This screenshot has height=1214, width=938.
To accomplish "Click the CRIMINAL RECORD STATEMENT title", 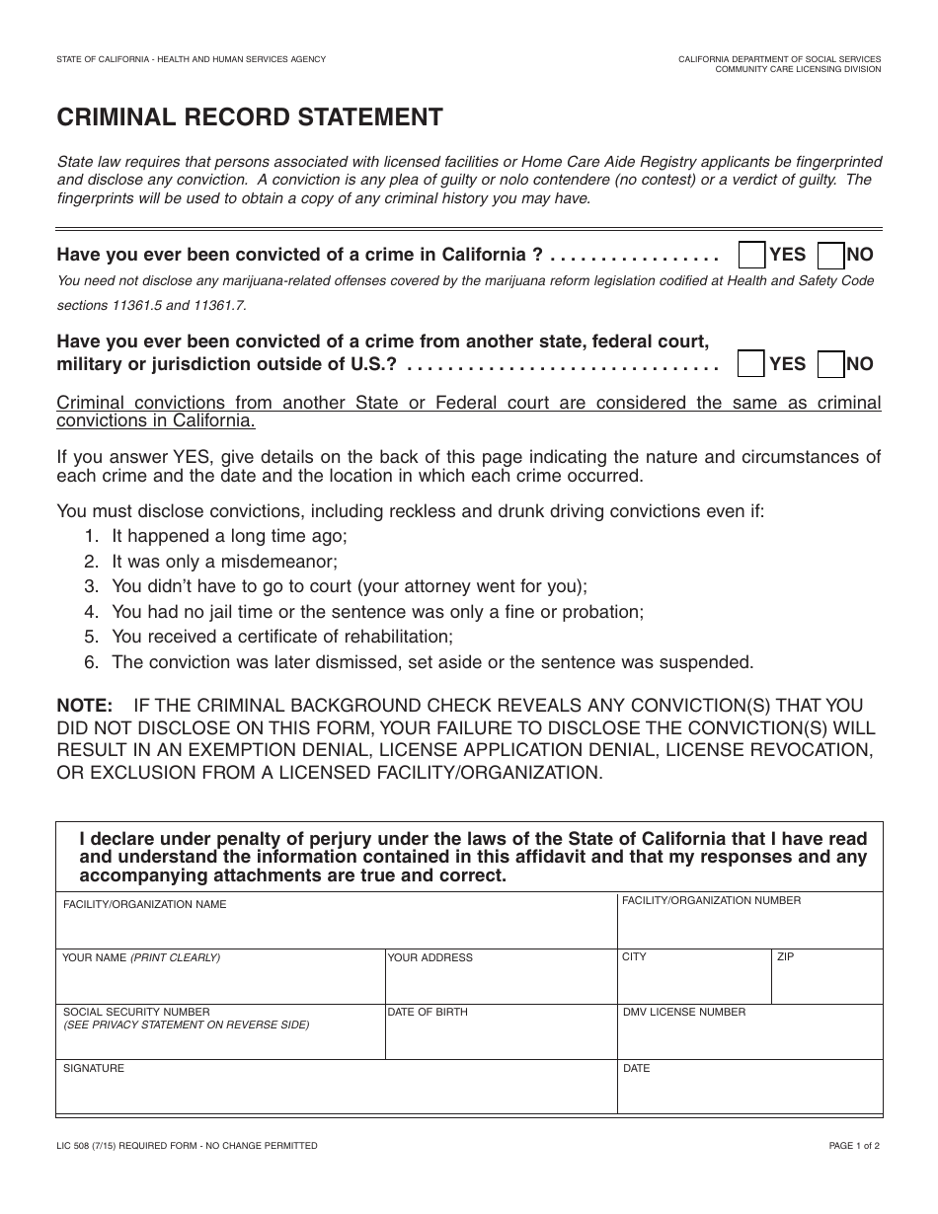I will (x=250, y=117).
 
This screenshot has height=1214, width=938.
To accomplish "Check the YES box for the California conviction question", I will (x=752, y=255).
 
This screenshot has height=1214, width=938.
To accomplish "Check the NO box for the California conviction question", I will (x=831, y=255).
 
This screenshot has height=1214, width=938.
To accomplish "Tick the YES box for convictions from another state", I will (x=752, y=363).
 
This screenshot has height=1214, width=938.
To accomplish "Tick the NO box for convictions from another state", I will (x=831, y=363).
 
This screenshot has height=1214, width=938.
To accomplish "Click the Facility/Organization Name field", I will (x=336, y=928).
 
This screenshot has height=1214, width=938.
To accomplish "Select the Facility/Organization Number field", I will (x=750, y=928).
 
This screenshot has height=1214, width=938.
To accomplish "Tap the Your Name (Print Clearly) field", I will (x=219, y=984).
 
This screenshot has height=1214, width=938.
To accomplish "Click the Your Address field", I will (x=501, y=984).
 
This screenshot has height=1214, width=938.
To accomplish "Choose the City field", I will (x=694, y=984).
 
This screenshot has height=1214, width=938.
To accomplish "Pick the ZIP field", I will (x=827, y=984).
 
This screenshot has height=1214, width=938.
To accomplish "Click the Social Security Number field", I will (x=219, y=1040).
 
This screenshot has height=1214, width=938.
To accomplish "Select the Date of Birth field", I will (x=501, y=1040).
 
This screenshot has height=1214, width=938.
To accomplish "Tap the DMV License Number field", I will (x=750, y=1040).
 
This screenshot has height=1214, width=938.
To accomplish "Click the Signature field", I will (x=336, y=1094).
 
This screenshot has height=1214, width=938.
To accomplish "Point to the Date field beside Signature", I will (x=750, y=1094).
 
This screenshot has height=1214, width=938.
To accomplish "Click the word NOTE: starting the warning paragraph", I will (x=85, y=706).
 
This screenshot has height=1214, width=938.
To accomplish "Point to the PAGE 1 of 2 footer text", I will (x=854, y=1146).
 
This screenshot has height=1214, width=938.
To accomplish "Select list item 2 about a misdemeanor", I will (x=224, y=562).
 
